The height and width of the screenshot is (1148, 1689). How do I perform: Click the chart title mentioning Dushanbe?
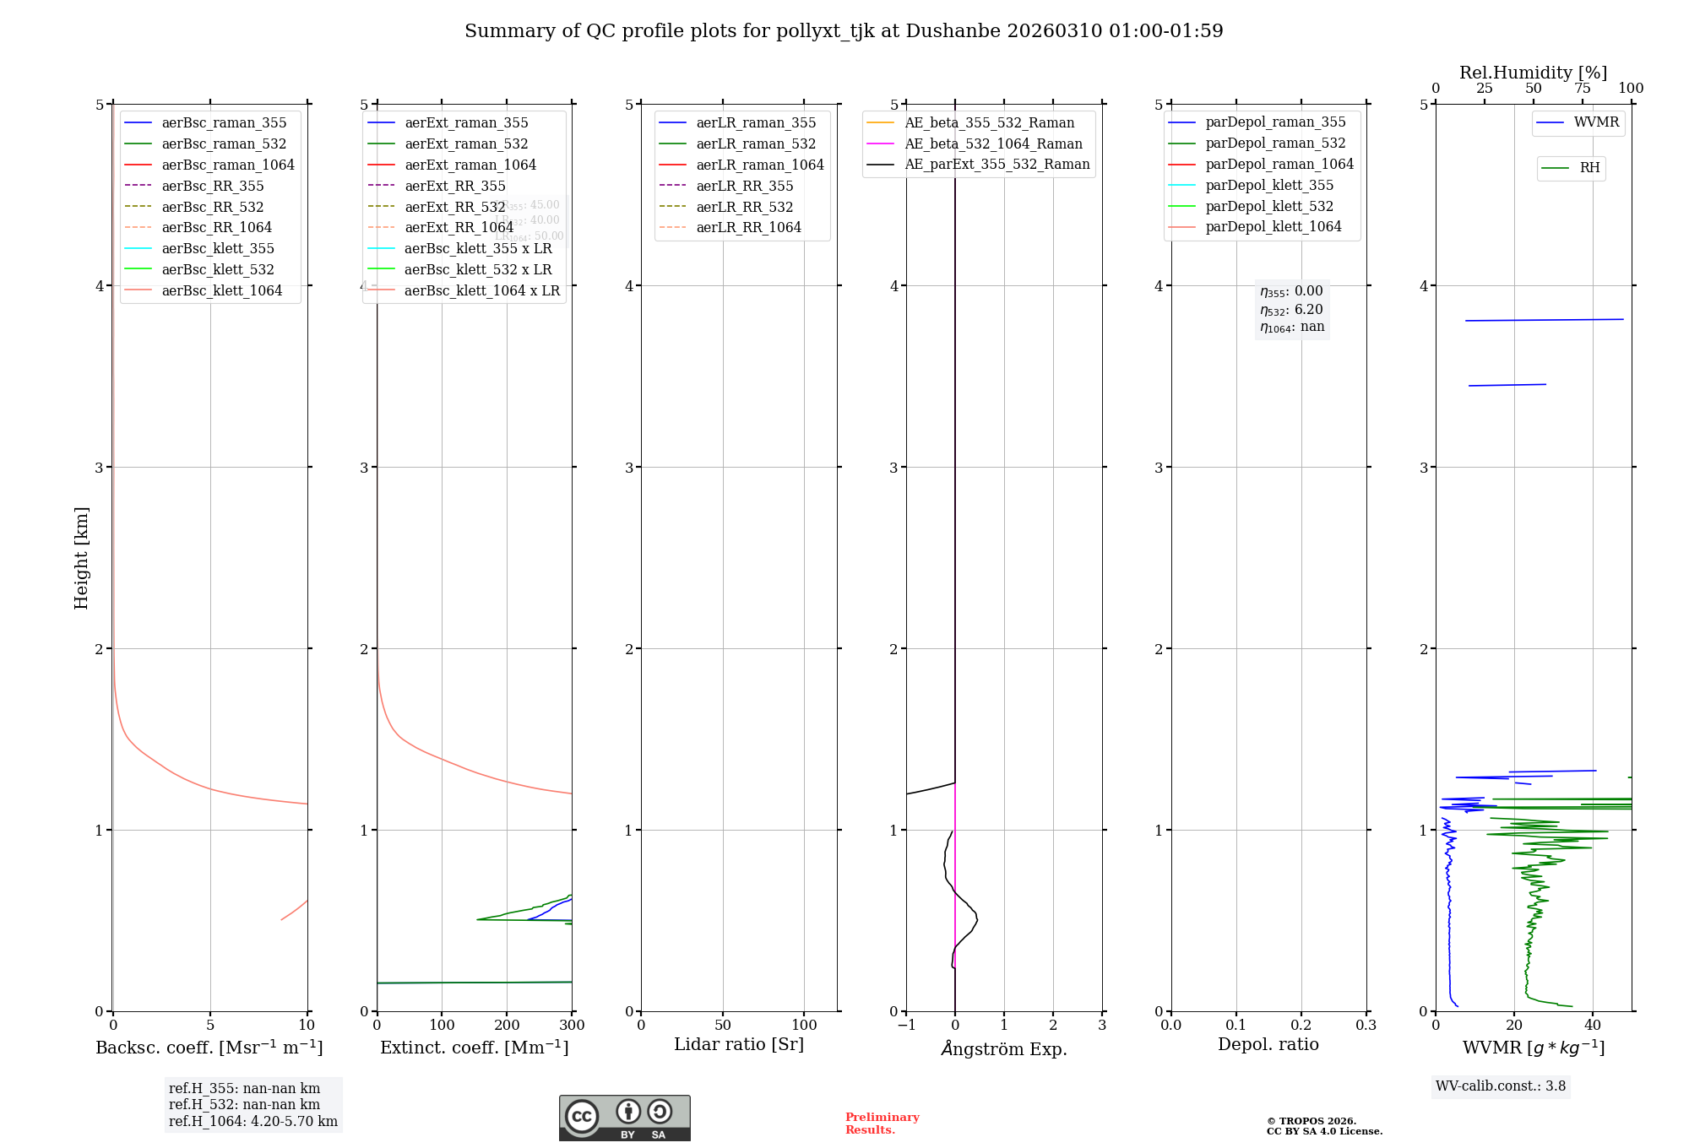(844, 31)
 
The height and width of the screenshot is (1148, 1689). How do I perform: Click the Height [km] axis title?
(81, 557)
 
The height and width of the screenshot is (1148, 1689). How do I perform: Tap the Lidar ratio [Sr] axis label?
(739, 1044)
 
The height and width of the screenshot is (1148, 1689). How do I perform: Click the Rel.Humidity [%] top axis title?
(1533, 73)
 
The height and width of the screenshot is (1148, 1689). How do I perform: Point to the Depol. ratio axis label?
(1268, 1044)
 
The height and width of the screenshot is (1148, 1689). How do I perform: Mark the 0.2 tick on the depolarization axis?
(1301, 1025)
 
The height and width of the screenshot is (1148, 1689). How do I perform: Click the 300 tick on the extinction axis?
(572, 1025)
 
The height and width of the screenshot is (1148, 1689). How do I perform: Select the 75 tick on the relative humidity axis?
(1582, 89)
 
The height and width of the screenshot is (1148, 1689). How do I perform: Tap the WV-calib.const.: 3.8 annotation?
(1501, 1086)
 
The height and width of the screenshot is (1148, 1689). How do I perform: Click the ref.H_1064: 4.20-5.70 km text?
(253, 1121)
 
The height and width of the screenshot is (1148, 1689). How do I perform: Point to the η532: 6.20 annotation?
(1291, 310)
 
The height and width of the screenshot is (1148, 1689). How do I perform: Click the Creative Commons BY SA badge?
(624, 1118)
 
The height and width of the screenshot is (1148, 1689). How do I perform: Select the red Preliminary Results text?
(882, 1124)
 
